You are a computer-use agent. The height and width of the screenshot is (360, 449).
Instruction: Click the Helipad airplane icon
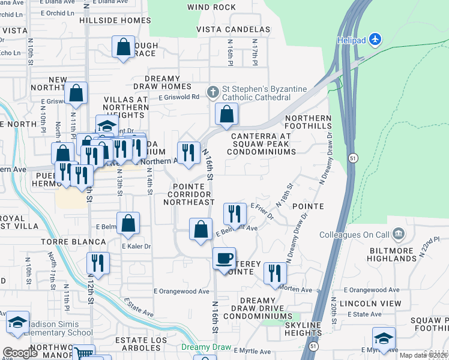[x=376, y=39]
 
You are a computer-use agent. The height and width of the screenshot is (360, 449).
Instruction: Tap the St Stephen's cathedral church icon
[x=212, y=92]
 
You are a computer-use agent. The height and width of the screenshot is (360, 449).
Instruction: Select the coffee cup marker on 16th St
[x=224, y=259]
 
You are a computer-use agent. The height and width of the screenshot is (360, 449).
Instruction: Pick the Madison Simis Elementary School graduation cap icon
[x=18, y=322]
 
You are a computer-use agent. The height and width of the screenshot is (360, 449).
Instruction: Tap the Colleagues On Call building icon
[x=398, y=233]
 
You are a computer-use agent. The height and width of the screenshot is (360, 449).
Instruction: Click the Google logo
[x=20, y=352]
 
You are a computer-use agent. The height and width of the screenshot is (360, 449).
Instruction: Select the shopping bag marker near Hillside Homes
[x=123, y=48]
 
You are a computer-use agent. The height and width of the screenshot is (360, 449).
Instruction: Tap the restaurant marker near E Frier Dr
[x=235, y=214]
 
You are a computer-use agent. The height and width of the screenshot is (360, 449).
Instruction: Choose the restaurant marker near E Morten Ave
[x=275, y=272]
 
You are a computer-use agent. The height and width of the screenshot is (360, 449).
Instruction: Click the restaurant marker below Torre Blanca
[x=98, y=263]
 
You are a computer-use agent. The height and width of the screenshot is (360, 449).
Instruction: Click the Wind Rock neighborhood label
[x=211, y=7]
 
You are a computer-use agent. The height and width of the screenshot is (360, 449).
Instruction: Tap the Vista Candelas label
[x=234, y=29]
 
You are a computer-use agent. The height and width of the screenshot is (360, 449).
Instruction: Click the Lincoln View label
[x=370, y=304]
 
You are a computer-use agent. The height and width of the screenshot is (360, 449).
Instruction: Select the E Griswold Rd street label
[x=179, y=97]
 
